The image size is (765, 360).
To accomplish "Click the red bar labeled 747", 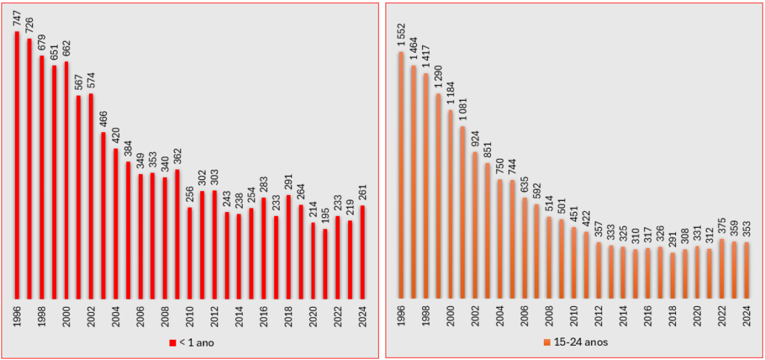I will pyautogui.click(x=17, y=164).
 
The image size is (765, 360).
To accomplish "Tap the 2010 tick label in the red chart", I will pyautogui.click(x=190, y=314).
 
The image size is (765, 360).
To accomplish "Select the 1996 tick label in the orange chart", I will pyautogui.click(x=401, y=314).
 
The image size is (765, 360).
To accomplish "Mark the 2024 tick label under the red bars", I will pyautogui.click(x=362, y=314).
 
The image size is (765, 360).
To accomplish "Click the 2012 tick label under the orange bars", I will pyautogui.click(x=598, y=314).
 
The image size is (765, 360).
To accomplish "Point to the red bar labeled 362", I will pyautogui.click(x=177, y=233).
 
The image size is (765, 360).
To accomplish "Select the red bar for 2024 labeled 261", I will pyautogui.click(x=362, y=252).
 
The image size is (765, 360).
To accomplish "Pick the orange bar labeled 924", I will pyautogui.click(x=475, y=224).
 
